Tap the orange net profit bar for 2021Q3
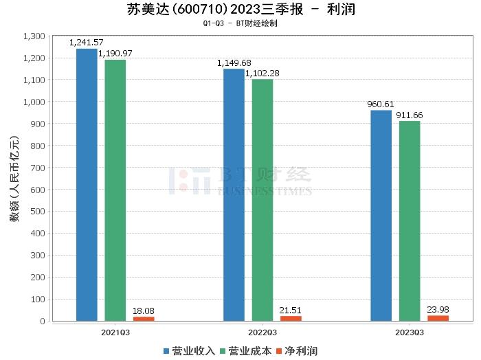pyautogui.click(x=144, y=318)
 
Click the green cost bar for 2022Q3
pyautogui.click(x=262, y=199)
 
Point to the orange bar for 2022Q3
pyautogui.click(x=291, y=317)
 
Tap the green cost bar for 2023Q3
pyautogui.click(x=410, y=221)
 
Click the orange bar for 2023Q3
pyautogui.click(x=438, y=317)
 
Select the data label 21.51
pyautogui.click(x=291, y=310)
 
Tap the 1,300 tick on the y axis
pyautogui.click(x=34, y=36)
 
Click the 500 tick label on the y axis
pyautogui.click(x=38, y=212)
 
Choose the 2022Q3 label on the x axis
pyautogui.click(x=262, y=331)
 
